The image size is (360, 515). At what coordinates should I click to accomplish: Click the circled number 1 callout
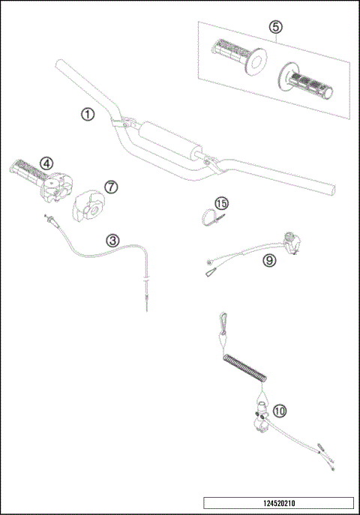point(88,115)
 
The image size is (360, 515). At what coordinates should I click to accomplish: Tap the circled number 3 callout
point(112,241)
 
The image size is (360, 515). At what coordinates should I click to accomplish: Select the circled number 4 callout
point(46,162)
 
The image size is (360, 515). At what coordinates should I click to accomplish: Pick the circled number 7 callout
point(109,185)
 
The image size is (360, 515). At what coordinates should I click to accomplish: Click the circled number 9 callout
point(268,260)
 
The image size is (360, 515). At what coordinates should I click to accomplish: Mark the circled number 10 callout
point(279,410)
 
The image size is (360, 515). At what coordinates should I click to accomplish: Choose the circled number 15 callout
point(220,203)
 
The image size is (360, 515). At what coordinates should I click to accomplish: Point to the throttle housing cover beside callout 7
point(89,205)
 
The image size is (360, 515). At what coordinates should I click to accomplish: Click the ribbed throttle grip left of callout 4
point(28,170)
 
